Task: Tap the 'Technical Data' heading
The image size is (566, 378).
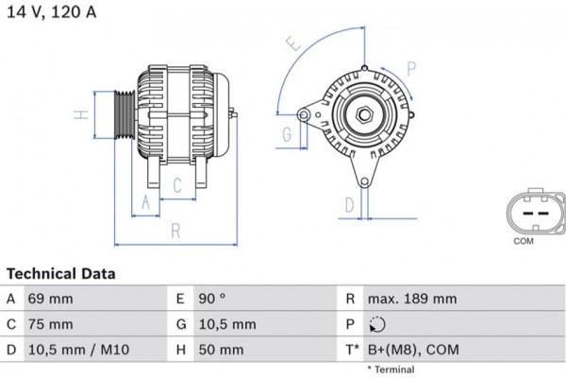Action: (61, 273)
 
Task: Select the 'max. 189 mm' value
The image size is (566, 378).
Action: (412, 299)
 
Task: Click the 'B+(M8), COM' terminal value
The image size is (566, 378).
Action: (413, 350)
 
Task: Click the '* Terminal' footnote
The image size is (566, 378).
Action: (391, 369)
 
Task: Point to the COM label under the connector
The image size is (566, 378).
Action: (524, 242)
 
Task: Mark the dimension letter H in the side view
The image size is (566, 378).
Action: (82, 115)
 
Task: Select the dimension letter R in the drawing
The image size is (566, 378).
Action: (175, 231)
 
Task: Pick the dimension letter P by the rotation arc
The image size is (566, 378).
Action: (411, 66)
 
